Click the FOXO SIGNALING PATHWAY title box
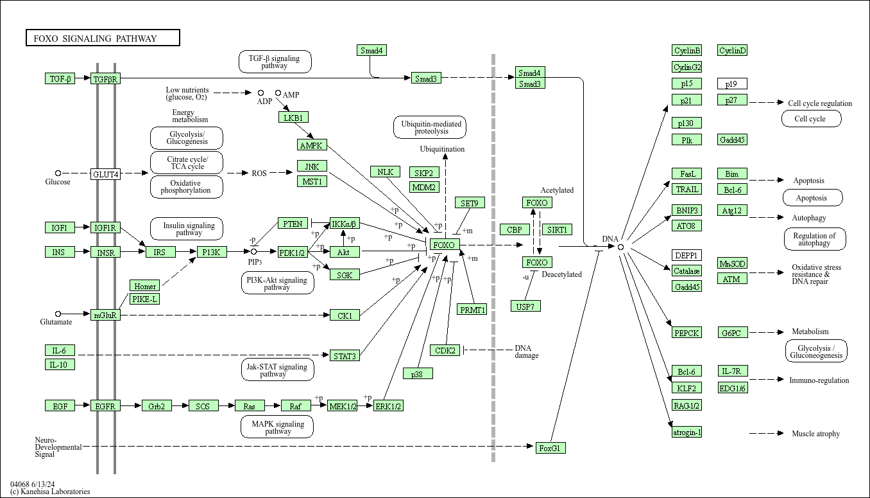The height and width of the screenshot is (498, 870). click(103, 39)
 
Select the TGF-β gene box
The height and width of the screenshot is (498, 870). click(60, 78)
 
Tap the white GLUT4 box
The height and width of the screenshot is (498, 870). click(105, 174)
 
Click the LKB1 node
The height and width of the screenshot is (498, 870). click(294, 117)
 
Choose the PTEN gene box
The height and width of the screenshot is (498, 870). click(293, 224)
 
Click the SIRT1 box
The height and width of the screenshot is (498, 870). click(557, 229)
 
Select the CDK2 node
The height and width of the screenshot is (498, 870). click(445, 350)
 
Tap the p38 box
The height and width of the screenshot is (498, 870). click(418, 373)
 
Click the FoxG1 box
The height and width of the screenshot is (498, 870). click(550, 448)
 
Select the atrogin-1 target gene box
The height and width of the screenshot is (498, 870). click(687, 432)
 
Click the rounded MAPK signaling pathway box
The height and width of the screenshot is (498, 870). click(277, 427)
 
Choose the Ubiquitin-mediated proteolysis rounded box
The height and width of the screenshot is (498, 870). click(430, 127)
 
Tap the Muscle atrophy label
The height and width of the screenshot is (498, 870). click(815, 434)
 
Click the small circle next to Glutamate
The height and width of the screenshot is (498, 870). click(58, 314)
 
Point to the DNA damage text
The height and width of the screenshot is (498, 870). click(526, 351)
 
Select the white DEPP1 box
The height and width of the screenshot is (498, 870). click(687, 255)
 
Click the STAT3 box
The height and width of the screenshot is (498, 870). click(345, 355)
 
